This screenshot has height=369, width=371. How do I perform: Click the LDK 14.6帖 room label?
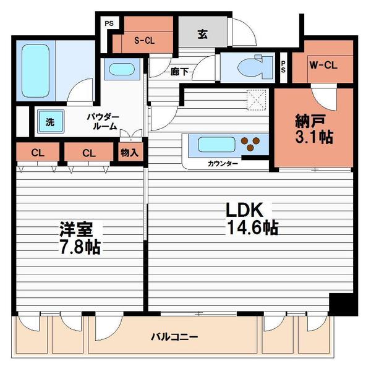click(252, 219)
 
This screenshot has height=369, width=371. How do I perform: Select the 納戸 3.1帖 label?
click(314, 129)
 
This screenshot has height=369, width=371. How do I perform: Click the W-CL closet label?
click(323, 65)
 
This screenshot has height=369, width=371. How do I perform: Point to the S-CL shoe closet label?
click(144, 41)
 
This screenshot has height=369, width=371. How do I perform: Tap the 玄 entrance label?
click(203, 34)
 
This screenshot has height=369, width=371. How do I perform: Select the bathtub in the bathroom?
click(36, 71)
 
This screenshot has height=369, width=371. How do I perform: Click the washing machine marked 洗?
click(51, 122)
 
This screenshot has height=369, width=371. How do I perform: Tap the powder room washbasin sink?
click(122, 69)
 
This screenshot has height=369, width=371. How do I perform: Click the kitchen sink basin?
click(217, 145)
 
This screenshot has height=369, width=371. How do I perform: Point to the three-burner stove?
click(250, 144)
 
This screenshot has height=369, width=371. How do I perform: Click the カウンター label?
click(223, 163)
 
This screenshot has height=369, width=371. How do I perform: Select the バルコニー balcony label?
click(174, 337)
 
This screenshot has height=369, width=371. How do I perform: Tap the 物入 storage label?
click(129, 153)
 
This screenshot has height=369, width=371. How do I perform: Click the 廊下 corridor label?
click(179, 72)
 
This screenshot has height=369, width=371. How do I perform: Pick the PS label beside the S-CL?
click(109, 23)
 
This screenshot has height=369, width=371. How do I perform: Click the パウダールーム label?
click(103, 121)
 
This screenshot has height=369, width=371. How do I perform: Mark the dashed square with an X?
click(256, 100)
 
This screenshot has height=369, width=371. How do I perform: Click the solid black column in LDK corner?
click(343, 304)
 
